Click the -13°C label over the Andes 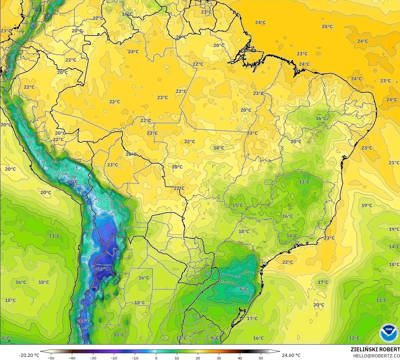[x=103, y=269]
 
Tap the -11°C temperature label [x=84, y=321]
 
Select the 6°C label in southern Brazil [x=244, y=289]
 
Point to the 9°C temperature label [x=214, y=338]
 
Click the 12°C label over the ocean [x=354, y=338]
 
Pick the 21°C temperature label [x=394, y=163]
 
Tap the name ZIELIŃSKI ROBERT [x=375, y=349]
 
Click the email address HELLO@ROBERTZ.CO [x=376, y=356]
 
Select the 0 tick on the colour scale [x=156, y=358]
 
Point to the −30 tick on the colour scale [x=93, y=358]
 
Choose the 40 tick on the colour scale [x=240, y=358]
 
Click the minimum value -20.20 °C [x=29, y=355]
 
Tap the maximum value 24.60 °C [x=291, y=355]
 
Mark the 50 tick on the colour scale [x=261, y=358]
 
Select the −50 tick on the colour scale [x=51, y=358]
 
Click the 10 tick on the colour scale [x=177, y=358]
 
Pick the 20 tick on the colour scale [x=198, y=358]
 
